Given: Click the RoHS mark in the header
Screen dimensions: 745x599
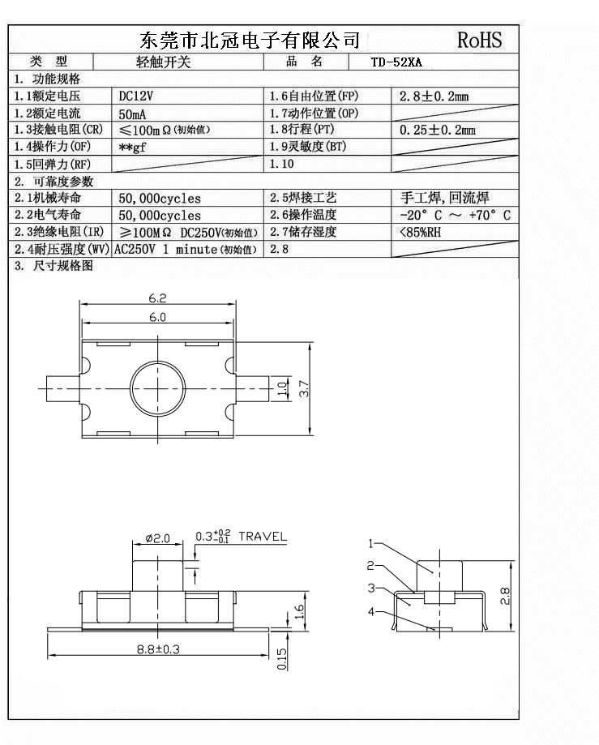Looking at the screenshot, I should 479,40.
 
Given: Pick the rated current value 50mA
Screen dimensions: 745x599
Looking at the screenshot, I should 132,113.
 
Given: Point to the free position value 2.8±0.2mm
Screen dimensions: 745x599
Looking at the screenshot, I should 434,96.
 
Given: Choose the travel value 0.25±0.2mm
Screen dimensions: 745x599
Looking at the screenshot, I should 438,130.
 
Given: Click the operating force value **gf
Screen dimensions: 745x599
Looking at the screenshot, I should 132,148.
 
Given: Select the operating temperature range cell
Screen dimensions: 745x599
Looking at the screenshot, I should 455,215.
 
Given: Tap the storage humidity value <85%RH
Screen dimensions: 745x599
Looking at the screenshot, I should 421,232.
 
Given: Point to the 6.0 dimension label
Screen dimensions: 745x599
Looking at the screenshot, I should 157,317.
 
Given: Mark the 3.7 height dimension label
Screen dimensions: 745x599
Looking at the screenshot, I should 304,389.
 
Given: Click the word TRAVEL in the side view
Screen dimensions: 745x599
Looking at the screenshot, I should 263,537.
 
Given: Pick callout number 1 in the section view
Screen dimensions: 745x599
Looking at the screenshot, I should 371,543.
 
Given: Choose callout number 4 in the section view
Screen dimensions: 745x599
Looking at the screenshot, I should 371,611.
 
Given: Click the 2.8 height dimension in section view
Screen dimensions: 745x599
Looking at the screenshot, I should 505,597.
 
